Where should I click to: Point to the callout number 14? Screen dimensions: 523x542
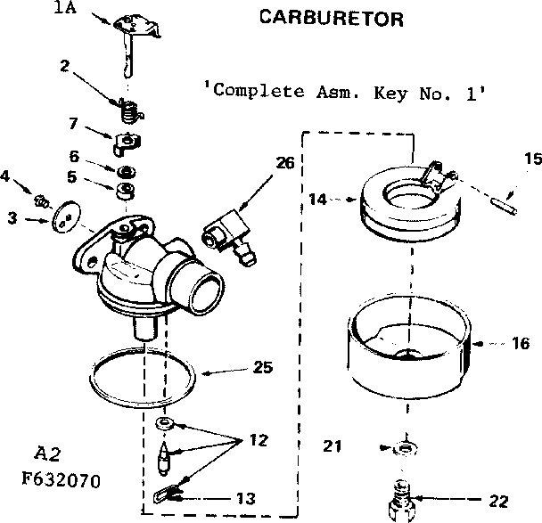tap(318, 200)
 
